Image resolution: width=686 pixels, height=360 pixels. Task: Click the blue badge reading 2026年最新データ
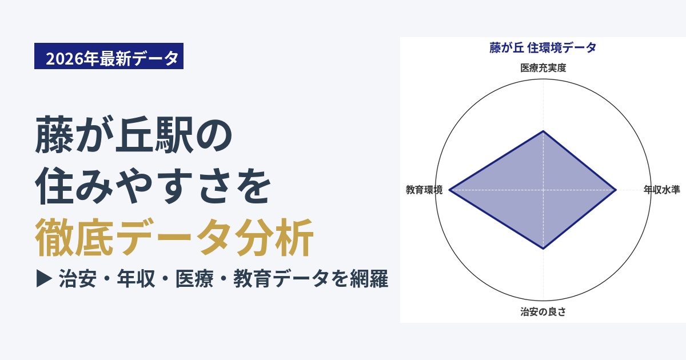[x=109, y=56]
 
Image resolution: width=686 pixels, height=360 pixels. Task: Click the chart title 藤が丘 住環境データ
[x=543, y=48]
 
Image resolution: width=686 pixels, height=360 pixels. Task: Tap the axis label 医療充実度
[x=543, y=67]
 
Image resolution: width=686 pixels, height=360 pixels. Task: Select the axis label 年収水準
[x=661, y=190]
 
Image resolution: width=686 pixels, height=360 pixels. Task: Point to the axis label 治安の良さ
[x=543, y=311]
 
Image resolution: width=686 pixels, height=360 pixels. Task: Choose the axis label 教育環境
[x=424, y=190]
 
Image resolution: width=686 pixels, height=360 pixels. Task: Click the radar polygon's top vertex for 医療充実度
[x=543, y=131]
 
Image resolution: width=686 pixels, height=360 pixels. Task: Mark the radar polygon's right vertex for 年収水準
[x=616, y=190]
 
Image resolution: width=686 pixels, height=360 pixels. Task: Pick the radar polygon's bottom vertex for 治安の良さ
[x=543, y=249]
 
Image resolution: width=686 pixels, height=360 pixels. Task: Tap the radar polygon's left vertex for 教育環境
[x=449, y=190]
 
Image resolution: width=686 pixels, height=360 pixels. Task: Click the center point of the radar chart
[x=543, y=190]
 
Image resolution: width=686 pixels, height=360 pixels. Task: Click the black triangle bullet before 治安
[x=44, y=279]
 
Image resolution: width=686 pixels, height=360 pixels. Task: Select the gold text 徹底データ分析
[x=174, y=237]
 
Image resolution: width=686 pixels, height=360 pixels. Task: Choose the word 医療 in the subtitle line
[x=194, y=279]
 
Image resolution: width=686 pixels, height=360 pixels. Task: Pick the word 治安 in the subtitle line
[x=78, y=279]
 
